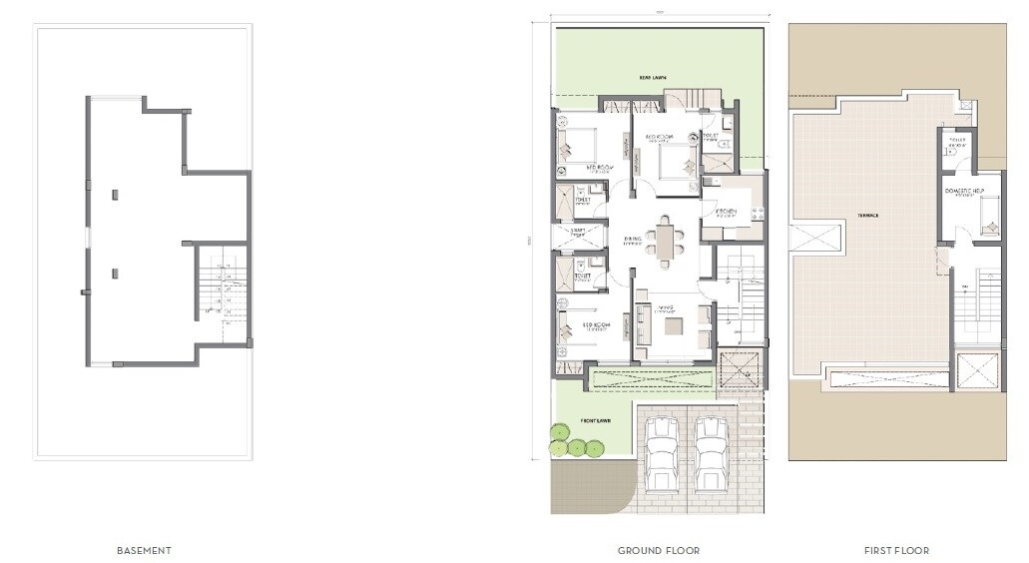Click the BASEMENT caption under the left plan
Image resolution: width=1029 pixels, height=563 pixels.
click(x=145, y=550)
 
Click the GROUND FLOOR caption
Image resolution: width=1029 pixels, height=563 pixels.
click(x=659, y=550)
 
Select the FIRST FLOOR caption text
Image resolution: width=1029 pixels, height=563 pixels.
click(x=896, y=550)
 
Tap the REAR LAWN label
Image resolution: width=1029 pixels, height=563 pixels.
click(x=654, y=77)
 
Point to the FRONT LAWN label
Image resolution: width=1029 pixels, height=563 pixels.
click(x=595, y=420)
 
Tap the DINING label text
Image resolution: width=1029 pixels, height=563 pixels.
click(x=633, y=238)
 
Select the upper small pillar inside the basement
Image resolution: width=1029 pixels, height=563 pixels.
click(x=117, y=194)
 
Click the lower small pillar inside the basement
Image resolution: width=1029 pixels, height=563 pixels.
click(x=117, y=273)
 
